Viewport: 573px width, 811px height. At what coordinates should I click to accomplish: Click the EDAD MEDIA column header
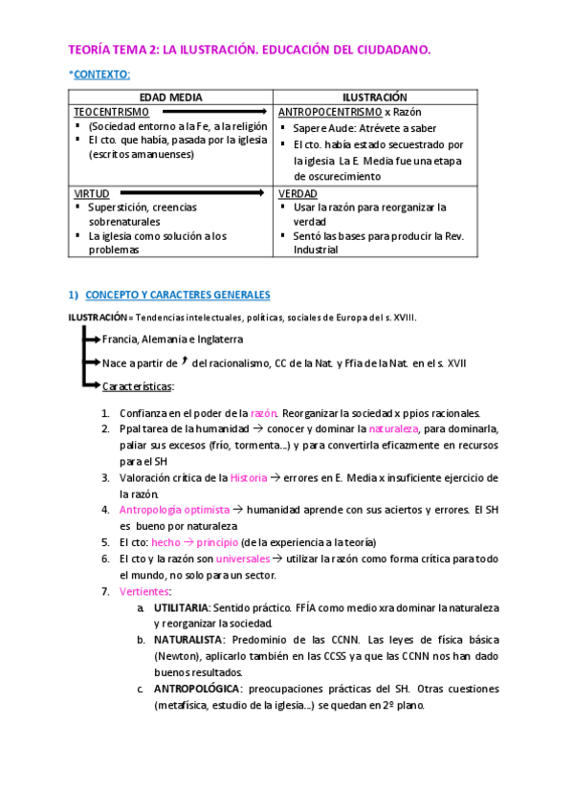171,98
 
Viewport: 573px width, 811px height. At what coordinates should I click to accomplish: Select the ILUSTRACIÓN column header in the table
375,98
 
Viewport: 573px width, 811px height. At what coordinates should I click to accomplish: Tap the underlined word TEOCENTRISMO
111,112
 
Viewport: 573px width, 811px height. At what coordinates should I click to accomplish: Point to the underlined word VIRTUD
91,193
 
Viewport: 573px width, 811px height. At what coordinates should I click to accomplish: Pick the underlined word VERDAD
298,193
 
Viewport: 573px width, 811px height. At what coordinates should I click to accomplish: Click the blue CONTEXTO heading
101,75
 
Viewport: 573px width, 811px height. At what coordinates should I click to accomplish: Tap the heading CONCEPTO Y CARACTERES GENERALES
178,295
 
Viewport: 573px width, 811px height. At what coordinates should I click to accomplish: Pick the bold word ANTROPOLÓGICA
198,689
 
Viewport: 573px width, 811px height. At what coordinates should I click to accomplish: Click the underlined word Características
138,385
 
